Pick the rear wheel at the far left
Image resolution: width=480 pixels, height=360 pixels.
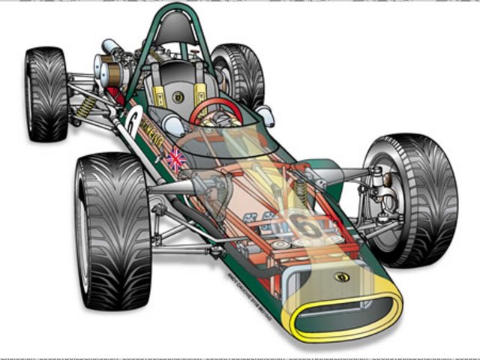tap(46, 94)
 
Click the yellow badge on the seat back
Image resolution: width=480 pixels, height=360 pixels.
tap(178, 97)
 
